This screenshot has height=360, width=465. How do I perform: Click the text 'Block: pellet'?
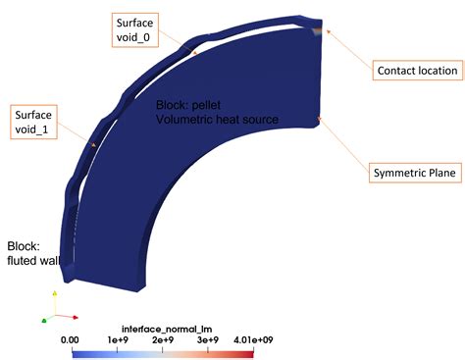click(194, 103)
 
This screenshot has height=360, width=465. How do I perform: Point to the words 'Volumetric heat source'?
click(218, 119)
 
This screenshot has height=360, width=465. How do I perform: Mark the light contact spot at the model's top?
click(314, 29)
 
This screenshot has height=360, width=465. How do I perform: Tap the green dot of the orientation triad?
click(44, 320)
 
